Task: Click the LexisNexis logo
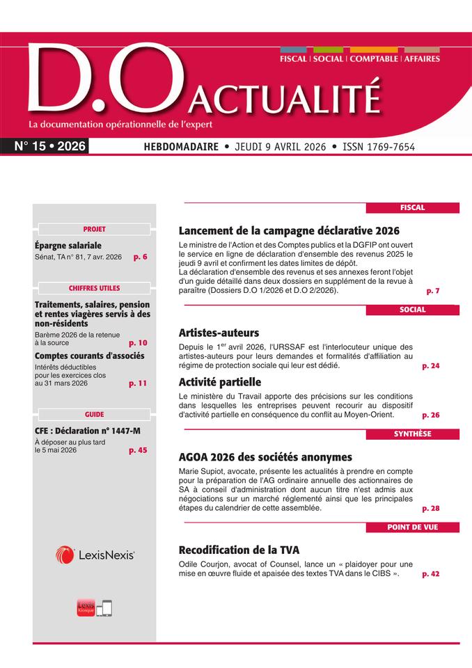(x=95, y=555)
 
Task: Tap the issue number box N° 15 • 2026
(x=50, y=147)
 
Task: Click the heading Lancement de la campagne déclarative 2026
(x=289, y=230)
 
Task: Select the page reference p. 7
(x=432, y=290)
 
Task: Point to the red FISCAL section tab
(x=412, y=207)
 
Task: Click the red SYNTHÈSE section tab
(x=412, y=434)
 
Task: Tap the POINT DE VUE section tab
(x=412, y=527)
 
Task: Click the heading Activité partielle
(x=220, y=382)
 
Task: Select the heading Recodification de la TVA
(x=239, y=550)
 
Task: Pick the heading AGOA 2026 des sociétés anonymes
(x=265, y=457)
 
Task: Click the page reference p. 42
(x=431, y=574)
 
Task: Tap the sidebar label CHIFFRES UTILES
(x=94, y=288)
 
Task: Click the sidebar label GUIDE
(x=94, y=414)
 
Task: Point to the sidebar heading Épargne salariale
(x=68, y=245)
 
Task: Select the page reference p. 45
(x=138, y=450)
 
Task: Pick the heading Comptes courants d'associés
(x=89, y=356)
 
